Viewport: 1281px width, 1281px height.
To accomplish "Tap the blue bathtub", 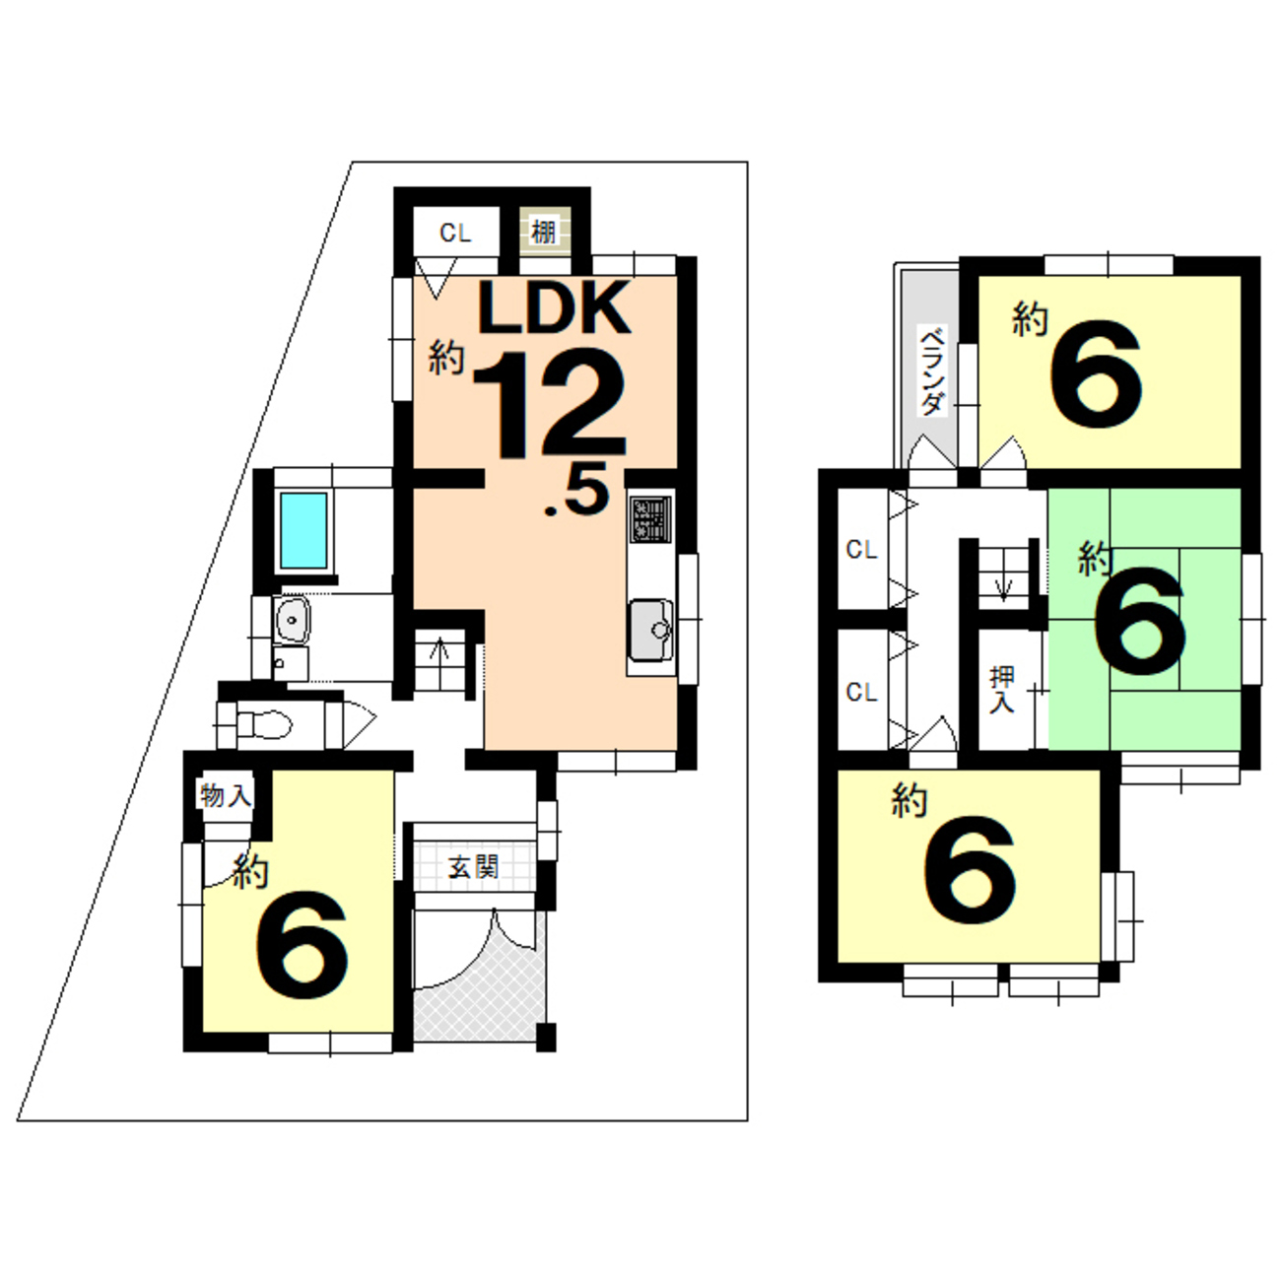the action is coord(303,530).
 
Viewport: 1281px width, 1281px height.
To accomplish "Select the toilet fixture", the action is coord(264,724).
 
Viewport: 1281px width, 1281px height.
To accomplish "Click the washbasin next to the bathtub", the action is coord(291,620).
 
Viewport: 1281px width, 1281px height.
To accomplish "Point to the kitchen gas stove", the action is coord(651,518).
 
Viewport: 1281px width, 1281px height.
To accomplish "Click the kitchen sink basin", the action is coord(651,631).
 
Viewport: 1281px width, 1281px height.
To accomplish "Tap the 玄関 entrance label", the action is coord(473,867).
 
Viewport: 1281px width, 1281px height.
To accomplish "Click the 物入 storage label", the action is coord(226,796).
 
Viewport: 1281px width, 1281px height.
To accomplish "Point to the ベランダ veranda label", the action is coord(932,371).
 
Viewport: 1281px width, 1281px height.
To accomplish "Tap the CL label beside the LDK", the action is coord(455,234).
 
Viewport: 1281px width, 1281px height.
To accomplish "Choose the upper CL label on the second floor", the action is coord(861,550).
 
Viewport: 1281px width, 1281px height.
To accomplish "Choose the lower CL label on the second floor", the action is coord(861,693).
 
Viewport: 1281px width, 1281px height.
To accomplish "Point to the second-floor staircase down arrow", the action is coord(1003,586).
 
